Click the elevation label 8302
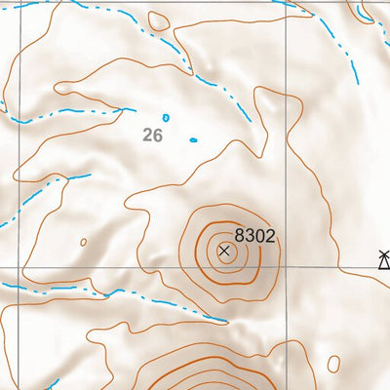(x=255, y=235)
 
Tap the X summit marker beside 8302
(x=225, y=251)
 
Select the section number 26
(x=152, y=136)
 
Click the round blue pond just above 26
(x=166, y=117)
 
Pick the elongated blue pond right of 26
(x=193, y=139)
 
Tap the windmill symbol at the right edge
(x=384, y=258)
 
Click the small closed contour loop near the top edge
(x=158, y=19)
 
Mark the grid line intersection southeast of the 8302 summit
(x=286, y=267)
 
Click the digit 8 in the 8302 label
(x=240, y=235)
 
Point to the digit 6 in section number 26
(x=157, y=136)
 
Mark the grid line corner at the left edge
(x=3, y=267)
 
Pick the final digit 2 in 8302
(x=271, y=235)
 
